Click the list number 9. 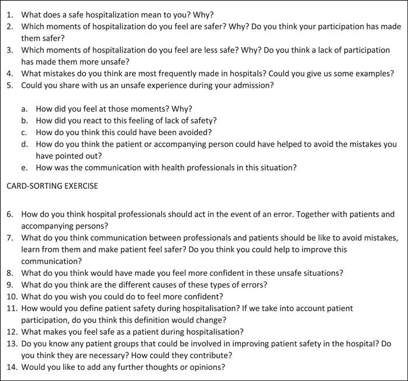tap(11, 285)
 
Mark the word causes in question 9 tap(152, 285)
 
